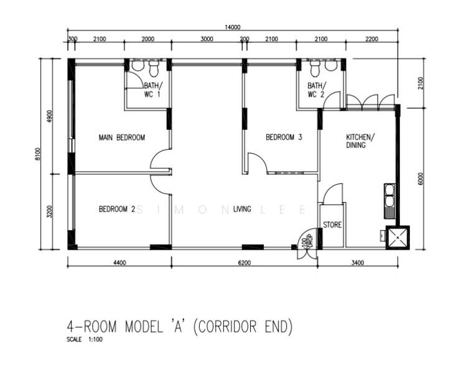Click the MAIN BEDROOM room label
click(x=122, y=137)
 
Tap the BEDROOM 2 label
click(x=116, y=210)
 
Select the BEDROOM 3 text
click(x=284, y=137)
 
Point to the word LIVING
click(x=242, y=210)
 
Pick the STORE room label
click(x=332, y=225)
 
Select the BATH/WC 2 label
click(x=316, y=90)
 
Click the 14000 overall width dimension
click(x=233, y=27)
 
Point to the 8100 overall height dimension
click(x=38, y=154)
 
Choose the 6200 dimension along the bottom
click(x=244, y=263)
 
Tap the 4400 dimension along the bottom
click(x=119, y=263)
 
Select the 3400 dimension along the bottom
click(x=357, y=263)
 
